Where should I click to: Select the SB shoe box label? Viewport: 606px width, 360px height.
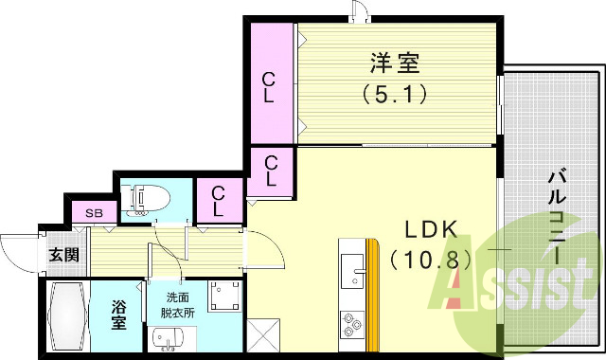(x=95, y=213)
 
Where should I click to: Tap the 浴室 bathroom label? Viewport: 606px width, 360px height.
(x=119, y=315)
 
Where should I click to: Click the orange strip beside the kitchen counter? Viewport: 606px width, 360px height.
(x=373, y=298)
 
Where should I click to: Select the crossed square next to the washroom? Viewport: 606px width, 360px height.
(x=261, y=336)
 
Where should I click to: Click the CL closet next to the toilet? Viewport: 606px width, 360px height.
(x=219, y=199)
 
